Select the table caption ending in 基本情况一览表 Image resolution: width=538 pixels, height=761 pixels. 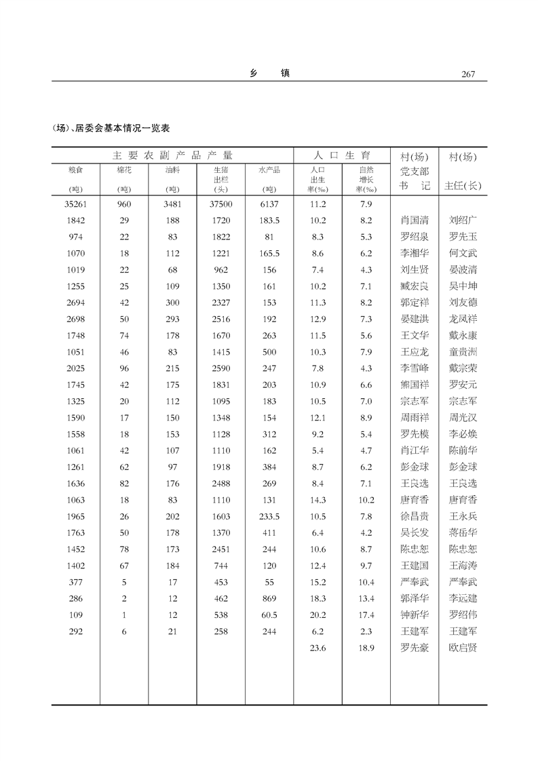[x=110, y=128]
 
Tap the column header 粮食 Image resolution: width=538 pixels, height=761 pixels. [x=75, y=170]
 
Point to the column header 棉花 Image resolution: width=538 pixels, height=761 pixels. [x=124, y=170]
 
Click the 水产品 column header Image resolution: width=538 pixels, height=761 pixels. [x=269, y=170]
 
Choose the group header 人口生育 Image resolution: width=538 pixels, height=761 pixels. [x=341, y=156]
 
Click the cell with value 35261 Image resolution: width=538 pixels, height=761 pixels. [x=75, y=204]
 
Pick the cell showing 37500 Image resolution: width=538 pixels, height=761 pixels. [x=221, y=204]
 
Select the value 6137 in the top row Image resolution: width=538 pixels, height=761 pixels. [x=269, y=204]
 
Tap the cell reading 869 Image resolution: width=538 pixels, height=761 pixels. [x=269, y=598]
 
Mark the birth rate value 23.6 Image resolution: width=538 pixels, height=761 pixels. [x=318, y=648]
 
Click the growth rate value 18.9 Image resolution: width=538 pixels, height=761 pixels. [x=366, y=648]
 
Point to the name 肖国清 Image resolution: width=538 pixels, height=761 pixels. [x=415, y=220]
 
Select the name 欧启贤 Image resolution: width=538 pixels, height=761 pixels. [x=463, y=648]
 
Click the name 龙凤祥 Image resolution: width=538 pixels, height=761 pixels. [x=463, y=319]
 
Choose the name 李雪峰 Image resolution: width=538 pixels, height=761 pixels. [x=415, y=369]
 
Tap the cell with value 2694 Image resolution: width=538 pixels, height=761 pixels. [x=75, y=303]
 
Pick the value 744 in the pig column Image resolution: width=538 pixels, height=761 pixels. [x=221, y=566]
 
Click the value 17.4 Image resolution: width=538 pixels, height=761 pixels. [x=366, y=615]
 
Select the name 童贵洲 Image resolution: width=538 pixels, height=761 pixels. [x=463, y=352]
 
